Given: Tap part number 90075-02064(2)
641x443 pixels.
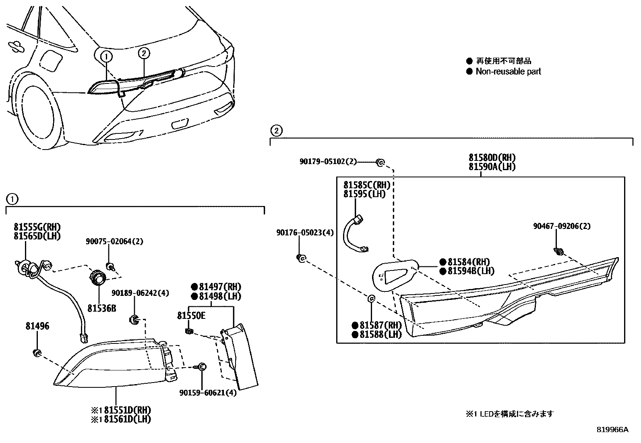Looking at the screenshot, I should click(114, 241).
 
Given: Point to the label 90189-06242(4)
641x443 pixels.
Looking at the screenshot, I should click(140, 293).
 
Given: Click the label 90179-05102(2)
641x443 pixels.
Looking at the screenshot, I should click(328, 161).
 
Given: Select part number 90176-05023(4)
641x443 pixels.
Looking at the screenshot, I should click(305, 233).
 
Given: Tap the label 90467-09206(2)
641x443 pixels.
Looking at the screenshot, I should click(562, 226).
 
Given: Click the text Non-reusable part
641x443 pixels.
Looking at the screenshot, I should click(508, 71).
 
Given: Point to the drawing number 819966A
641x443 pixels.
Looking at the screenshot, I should click(612, 430).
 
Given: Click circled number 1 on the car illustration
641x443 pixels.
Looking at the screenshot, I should click(106, 57).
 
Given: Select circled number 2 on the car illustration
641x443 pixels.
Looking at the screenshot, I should click(144, 52).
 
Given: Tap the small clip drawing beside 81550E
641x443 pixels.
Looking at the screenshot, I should click(188, 331).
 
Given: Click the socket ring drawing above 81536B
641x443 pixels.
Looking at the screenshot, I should click(98, 279).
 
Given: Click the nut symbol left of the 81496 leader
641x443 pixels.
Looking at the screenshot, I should click(37, 354).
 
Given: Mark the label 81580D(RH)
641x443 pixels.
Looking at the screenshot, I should click(492, 158).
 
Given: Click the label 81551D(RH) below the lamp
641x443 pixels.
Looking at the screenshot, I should click(127, 410).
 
